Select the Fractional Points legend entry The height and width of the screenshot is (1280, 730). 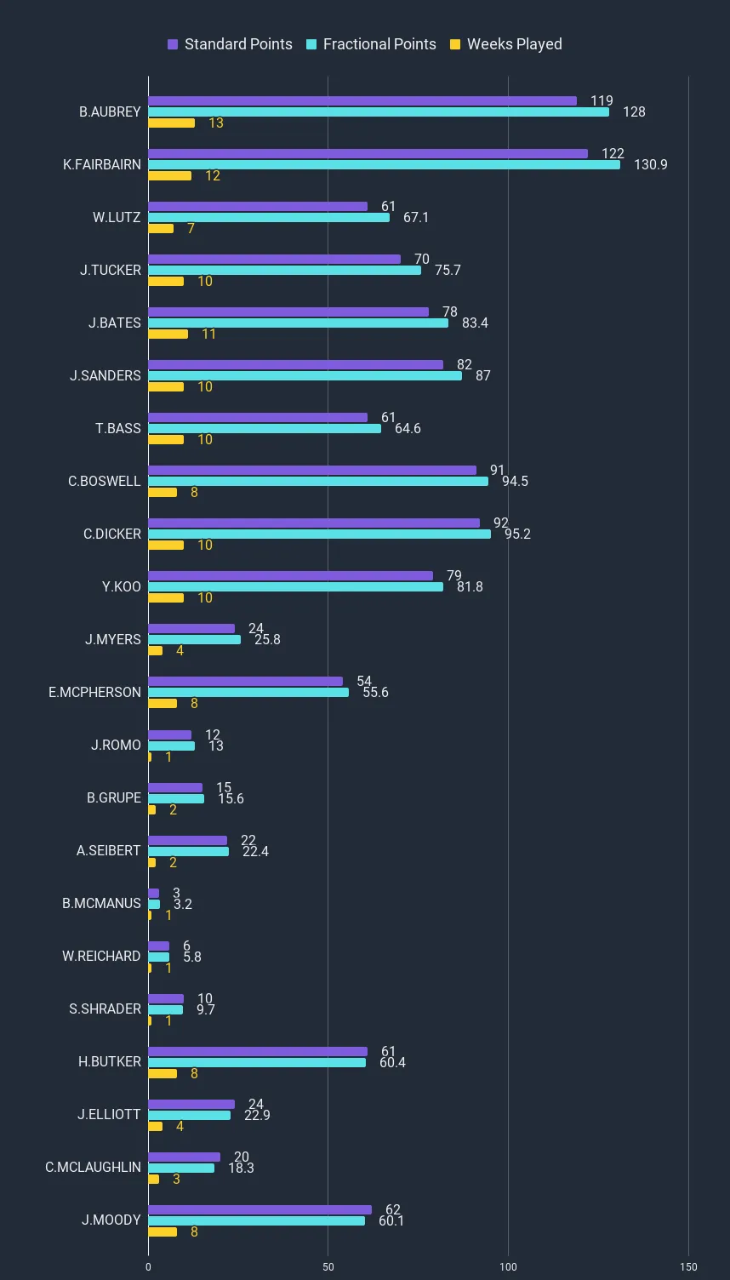coord(371,44)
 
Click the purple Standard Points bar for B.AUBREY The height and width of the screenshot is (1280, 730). coord(362,101)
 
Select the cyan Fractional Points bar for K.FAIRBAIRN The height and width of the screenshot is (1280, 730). coord(384,165)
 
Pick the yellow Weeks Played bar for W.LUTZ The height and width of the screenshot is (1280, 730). coord(161,229)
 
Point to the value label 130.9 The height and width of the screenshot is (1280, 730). coord(650,165)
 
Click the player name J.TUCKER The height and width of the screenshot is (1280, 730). coord(111,271)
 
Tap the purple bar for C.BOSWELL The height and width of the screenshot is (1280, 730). coord(312,471)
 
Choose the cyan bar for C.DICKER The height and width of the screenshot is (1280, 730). coord(319,534)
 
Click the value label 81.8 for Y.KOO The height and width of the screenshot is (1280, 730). coord(469,587)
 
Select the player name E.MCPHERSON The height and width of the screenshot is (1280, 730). coord(94,693)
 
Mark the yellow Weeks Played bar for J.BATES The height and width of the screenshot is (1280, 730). coord(168,334)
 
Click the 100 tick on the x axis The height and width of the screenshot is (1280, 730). coord(508,1267)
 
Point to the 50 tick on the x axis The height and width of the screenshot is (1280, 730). coord(328,1267)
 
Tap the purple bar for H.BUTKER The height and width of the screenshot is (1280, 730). coord(258,1052)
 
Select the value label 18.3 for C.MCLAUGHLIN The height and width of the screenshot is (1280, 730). coord(241,1169)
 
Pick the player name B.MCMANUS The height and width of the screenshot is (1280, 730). coord(101,904)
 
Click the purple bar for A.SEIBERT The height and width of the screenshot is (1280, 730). coord(187,841)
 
